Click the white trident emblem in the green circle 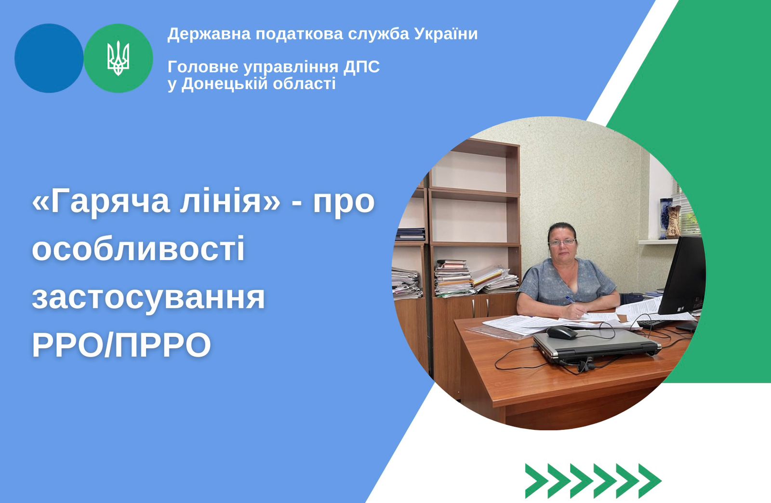click(118, 58)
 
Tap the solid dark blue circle click(49, 58)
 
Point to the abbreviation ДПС click(361, 67)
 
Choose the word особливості click(138, 248)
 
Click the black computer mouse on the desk click(562, 333)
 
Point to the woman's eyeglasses click(562, 242)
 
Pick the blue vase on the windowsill click(665, 218)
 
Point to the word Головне click(203, 67)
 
